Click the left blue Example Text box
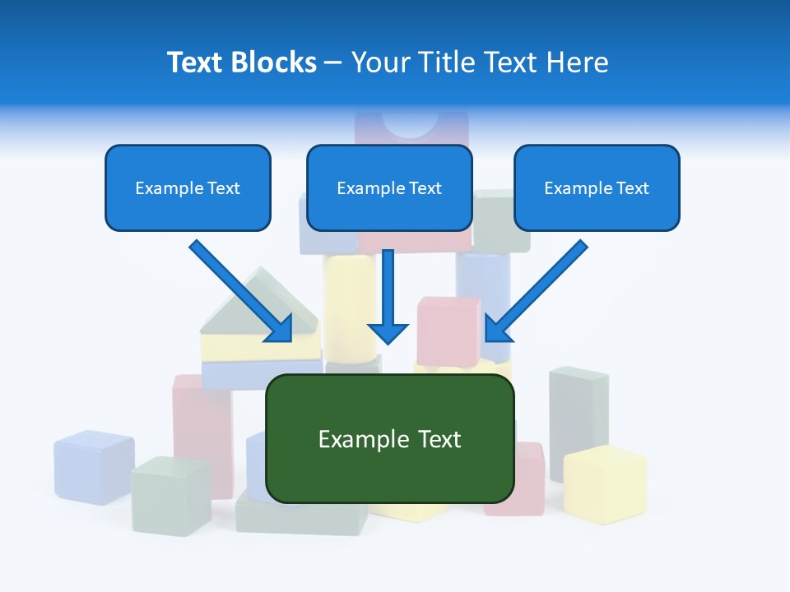coord(188,187)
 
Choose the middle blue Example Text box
coord(389,187)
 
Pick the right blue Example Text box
coord(597,187)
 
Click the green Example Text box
coord(389,438)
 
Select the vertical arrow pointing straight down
coord(388,296)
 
